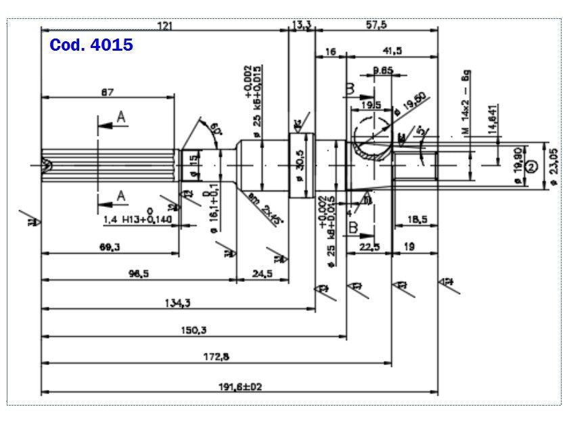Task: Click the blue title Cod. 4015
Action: pos(91,46)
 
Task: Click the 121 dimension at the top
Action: pos(164,26)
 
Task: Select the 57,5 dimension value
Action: pos(377,25)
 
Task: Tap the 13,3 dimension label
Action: pos(302,25)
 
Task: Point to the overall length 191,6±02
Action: pos(240,386)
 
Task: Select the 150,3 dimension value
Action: pos(194,330)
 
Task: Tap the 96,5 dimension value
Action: pos(138,273)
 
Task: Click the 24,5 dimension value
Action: pos(262,273)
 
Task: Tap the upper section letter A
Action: pos(121,118)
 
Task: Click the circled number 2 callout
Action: pos(531,167)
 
